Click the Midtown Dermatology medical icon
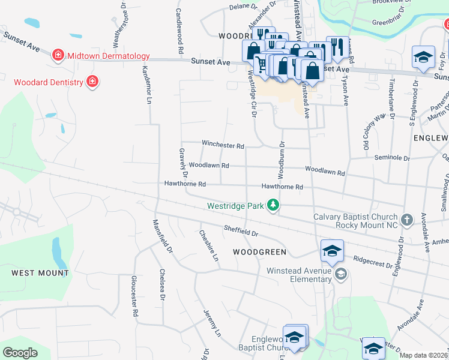(x=58, y=56)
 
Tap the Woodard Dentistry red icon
(x=92, y=81)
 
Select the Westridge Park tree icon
(x=273, y=205)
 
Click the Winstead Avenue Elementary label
(x=300, y=275)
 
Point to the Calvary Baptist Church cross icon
(x=407, y=220)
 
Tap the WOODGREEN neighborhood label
(x=259, y=251)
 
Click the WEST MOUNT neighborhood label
(x=40, y=272)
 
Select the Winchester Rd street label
(x=223, y=145)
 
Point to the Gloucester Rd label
(x=134, y=296)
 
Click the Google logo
(x=20, y=353)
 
